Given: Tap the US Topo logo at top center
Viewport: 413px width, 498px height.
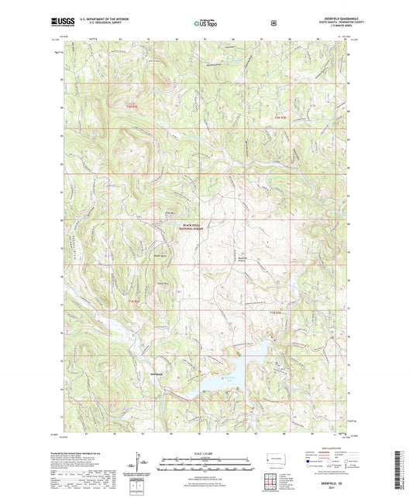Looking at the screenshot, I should (x=205, y=24).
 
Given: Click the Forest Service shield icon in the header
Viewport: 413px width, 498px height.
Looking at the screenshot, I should (x=274, y=23).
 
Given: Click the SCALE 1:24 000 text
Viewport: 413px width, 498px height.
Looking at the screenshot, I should (x=206, y=452).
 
